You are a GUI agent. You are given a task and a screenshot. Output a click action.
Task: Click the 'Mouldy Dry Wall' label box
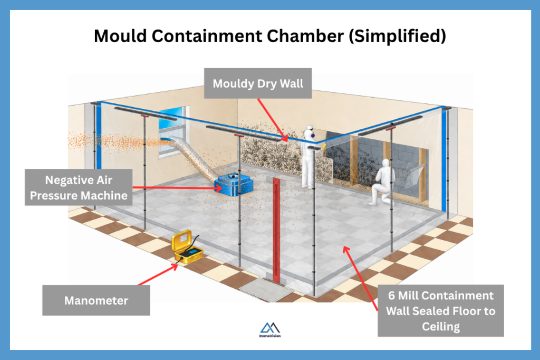point(258,83)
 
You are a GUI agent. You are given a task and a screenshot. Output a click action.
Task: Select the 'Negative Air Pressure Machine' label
point(79,187)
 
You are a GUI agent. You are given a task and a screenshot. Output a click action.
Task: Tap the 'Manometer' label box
point(96,300)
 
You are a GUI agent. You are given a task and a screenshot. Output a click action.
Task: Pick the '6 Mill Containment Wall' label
point(440,310)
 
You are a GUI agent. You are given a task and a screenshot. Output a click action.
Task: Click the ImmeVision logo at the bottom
point(270,330)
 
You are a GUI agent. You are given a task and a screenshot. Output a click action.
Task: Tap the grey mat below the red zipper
point(267,290)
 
